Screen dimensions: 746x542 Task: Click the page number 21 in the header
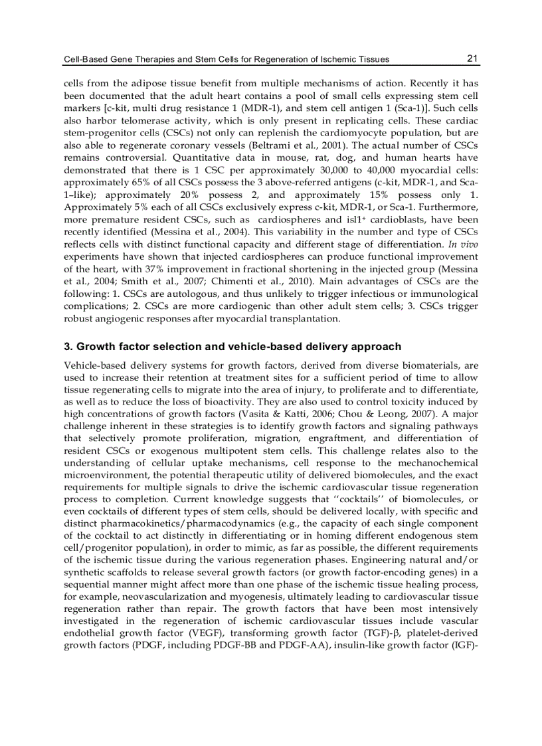pos(472,58)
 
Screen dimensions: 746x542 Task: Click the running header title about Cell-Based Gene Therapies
pos(226,59)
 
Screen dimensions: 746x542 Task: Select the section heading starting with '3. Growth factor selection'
pos(232,346)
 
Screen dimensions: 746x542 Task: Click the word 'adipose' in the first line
pos(163,84)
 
